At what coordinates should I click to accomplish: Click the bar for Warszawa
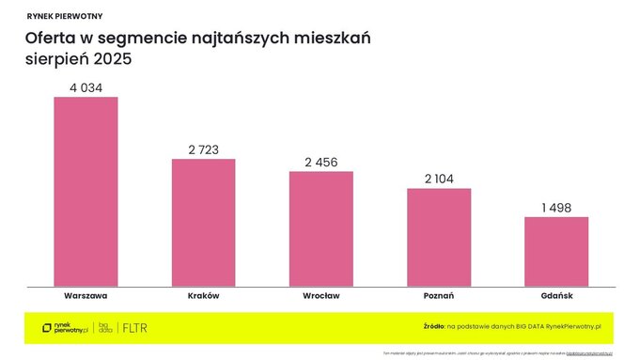point(86,192)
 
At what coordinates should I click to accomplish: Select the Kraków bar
point(203,223)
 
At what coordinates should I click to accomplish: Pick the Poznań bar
point(439,237)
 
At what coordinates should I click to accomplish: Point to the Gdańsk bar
point(556,252)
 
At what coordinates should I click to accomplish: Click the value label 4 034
point(86,87)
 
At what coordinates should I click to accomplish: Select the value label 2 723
point(203,149)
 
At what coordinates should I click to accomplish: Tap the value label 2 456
point(320,162)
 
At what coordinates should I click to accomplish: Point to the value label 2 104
point(439,179)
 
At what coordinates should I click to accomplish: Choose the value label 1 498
point(556,208)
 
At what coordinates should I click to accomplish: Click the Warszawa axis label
point(86,295)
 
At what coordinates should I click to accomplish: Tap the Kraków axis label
point(203,295)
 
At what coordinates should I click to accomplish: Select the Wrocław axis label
point(320,295)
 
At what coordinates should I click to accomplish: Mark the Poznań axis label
point(439,295)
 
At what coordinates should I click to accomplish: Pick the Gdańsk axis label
point(556,295)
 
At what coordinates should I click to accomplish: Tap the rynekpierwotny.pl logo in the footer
point(65,328)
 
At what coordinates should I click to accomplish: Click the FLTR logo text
point(135,328)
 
